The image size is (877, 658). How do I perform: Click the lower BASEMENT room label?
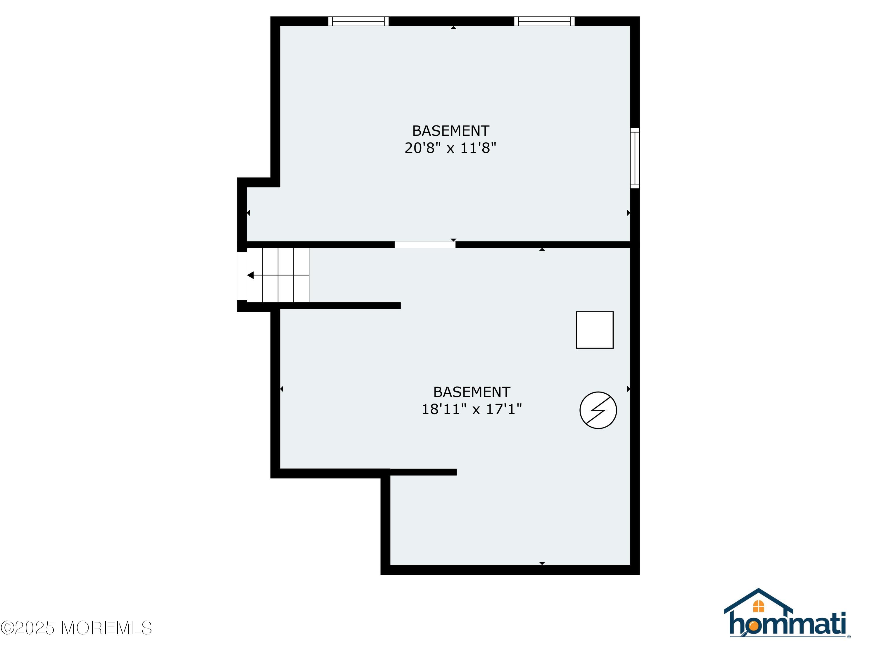pos(472,392)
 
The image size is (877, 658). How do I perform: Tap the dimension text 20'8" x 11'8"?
pos(450,148)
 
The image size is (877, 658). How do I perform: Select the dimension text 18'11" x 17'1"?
pos(472,409)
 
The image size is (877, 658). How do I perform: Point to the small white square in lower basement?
pos(595,330)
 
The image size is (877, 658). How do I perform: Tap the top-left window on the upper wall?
pos(358,21)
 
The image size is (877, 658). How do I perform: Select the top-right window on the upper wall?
pos(544,21)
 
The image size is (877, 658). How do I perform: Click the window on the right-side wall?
pos(635,158)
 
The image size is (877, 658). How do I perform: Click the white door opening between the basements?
pos(425,245)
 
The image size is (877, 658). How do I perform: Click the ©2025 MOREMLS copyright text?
pos(76,628)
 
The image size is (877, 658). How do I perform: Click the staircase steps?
pos(278,275)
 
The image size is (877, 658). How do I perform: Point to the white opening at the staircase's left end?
pos(242,276)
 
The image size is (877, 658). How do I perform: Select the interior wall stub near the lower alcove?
pos(423,472)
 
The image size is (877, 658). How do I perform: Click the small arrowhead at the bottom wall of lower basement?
pos(542,563)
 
